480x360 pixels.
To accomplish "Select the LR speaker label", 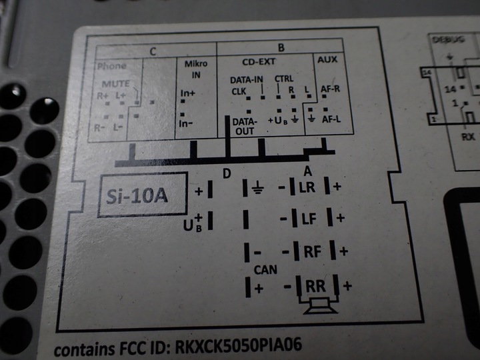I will pyautogui.click(x=307, y=187).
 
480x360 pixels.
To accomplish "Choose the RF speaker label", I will pyautogui.click(x=313, y=251).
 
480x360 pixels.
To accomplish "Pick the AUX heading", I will pyautogui.click(x=327, y=59).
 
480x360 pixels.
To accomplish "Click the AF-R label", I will pyautogui.click(x=331, y=88).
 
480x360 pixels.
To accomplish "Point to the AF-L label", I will pyautogui.click(x=332, y=119).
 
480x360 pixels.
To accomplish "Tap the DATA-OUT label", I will pyautogui.click(x=244, y=127).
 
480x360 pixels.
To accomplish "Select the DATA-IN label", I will pyautogui.click(x=246, y=79).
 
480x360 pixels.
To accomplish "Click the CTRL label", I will pyautogui.click(x=284, y=78).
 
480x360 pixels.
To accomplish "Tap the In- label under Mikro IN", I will pyautogui.click(x=187, y=124).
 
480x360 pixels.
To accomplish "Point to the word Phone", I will pyautogui.click(x=111, y=67).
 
